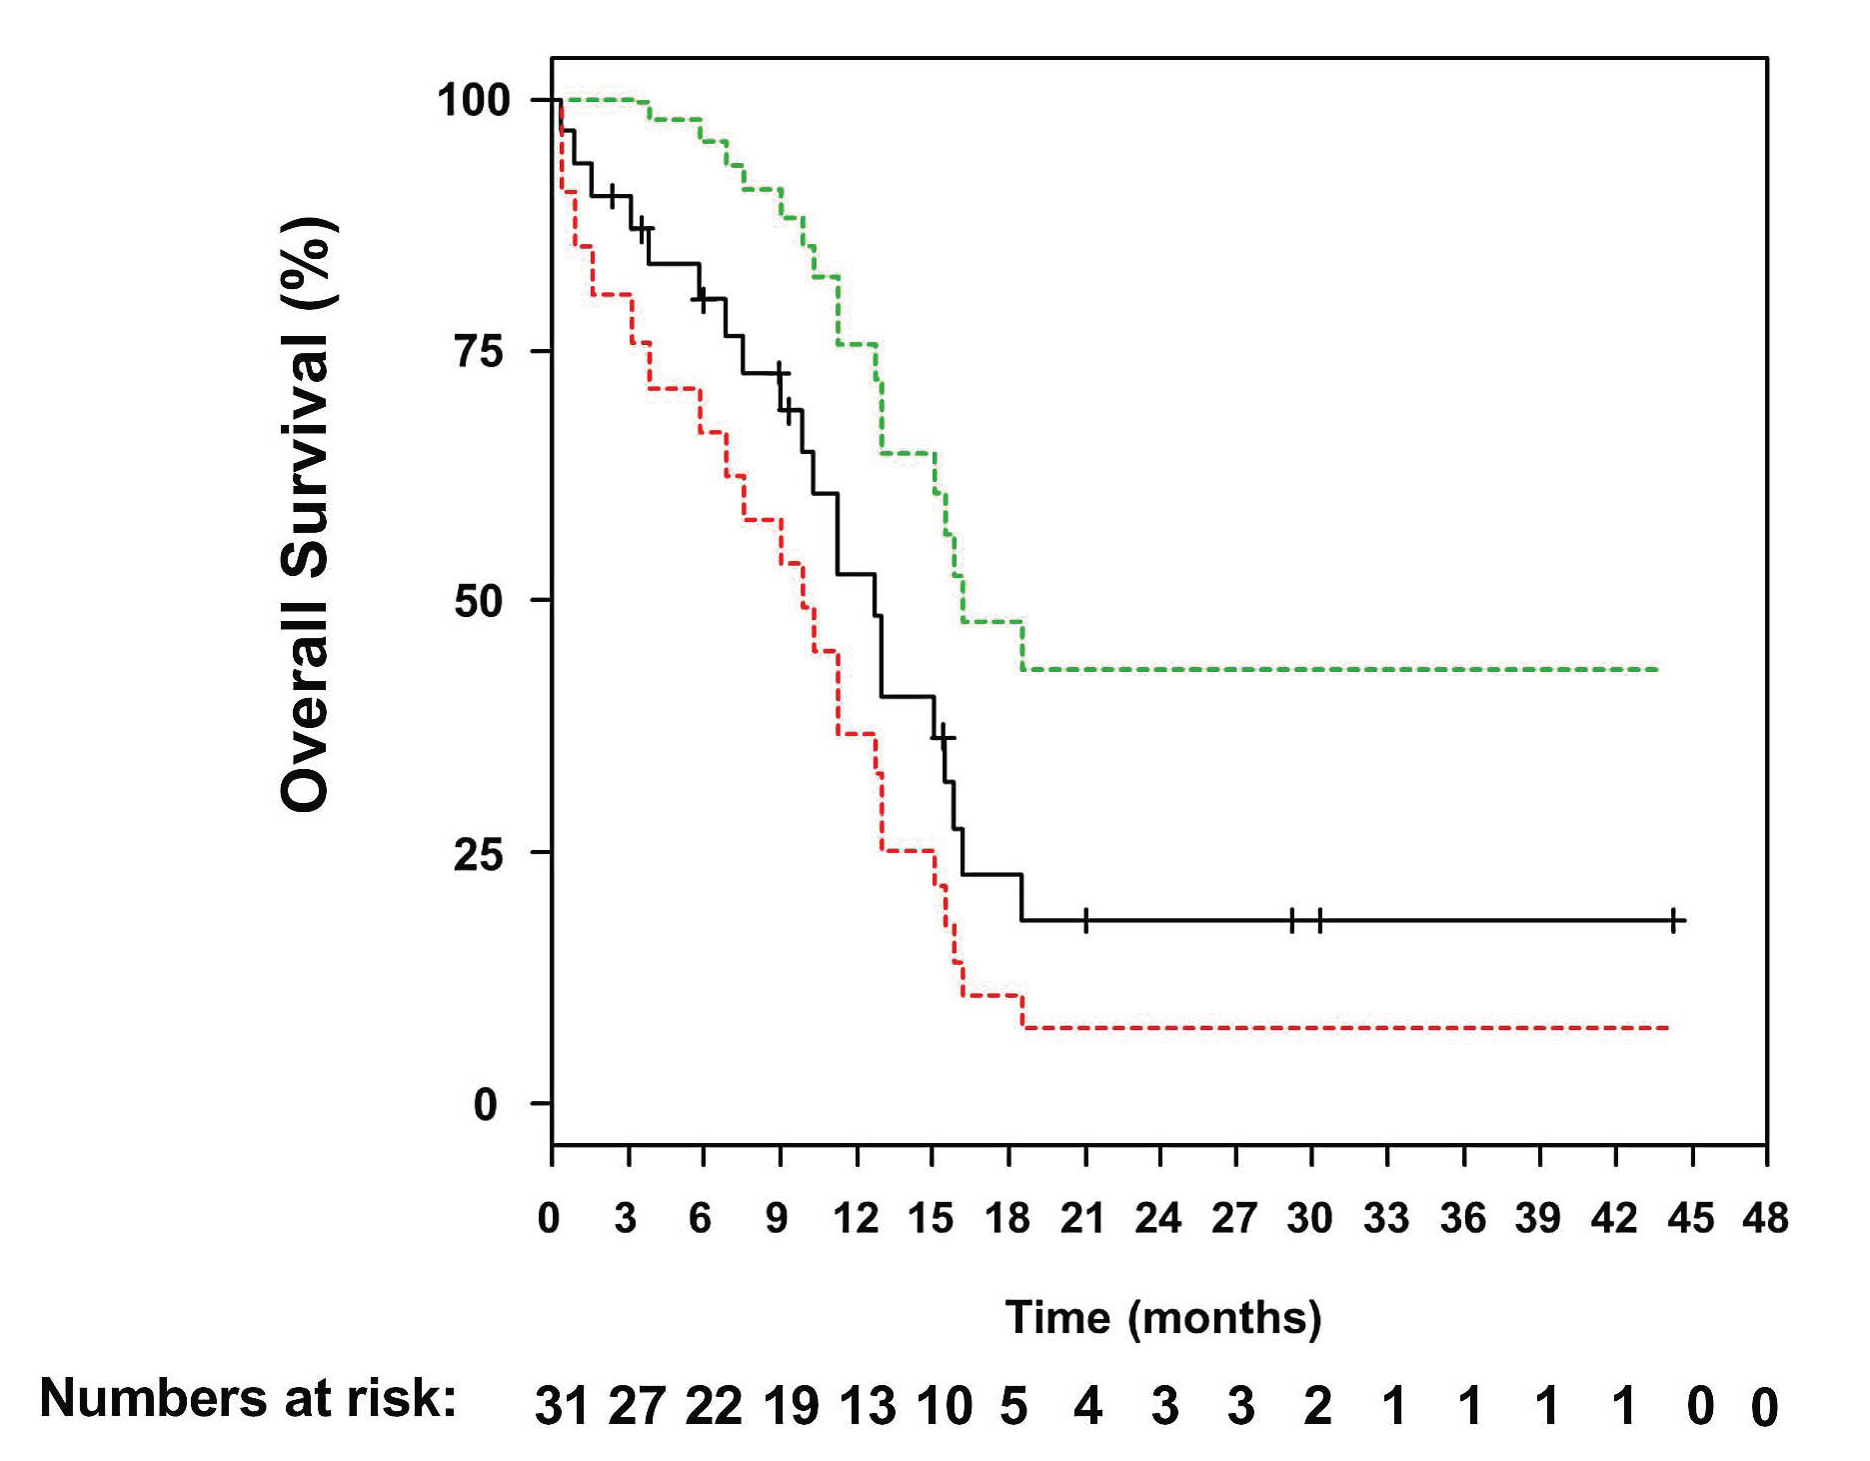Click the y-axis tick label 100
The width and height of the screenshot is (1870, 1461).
tap(474, 100)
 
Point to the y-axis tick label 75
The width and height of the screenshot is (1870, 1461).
tap(479, 351)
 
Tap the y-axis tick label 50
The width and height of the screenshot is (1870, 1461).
tap(479, 601)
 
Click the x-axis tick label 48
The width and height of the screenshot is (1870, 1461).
tap(1765, 1219)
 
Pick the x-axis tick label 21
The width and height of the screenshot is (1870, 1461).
tap(1082, 1219)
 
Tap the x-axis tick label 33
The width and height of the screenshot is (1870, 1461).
tap(1386, 1219)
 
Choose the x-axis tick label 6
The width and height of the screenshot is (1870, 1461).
tap(701, 1219)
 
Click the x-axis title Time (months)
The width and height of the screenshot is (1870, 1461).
tap(1162, 1318)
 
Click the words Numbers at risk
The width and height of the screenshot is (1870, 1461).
tap(247, 1397)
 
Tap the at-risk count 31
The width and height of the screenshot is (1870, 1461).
tap(561, 1406)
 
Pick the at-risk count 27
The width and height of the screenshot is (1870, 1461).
tap(637, 1406)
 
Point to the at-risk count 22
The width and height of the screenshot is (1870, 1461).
tap(714, 1406)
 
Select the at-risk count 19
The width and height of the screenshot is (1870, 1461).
tap(791, 1406)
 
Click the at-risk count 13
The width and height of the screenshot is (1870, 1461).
tap(867, 1406)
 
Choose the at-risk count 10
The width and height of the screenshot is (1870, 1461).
tap(943, 1406)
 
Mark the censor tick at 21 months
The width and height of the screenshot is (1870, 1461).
tap(1085, 920)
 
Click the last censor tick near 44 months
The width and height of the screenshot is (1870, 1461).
tap(1673, 920)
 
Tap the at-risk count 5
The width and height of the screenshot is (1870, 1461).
tap(1013, 1406)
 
